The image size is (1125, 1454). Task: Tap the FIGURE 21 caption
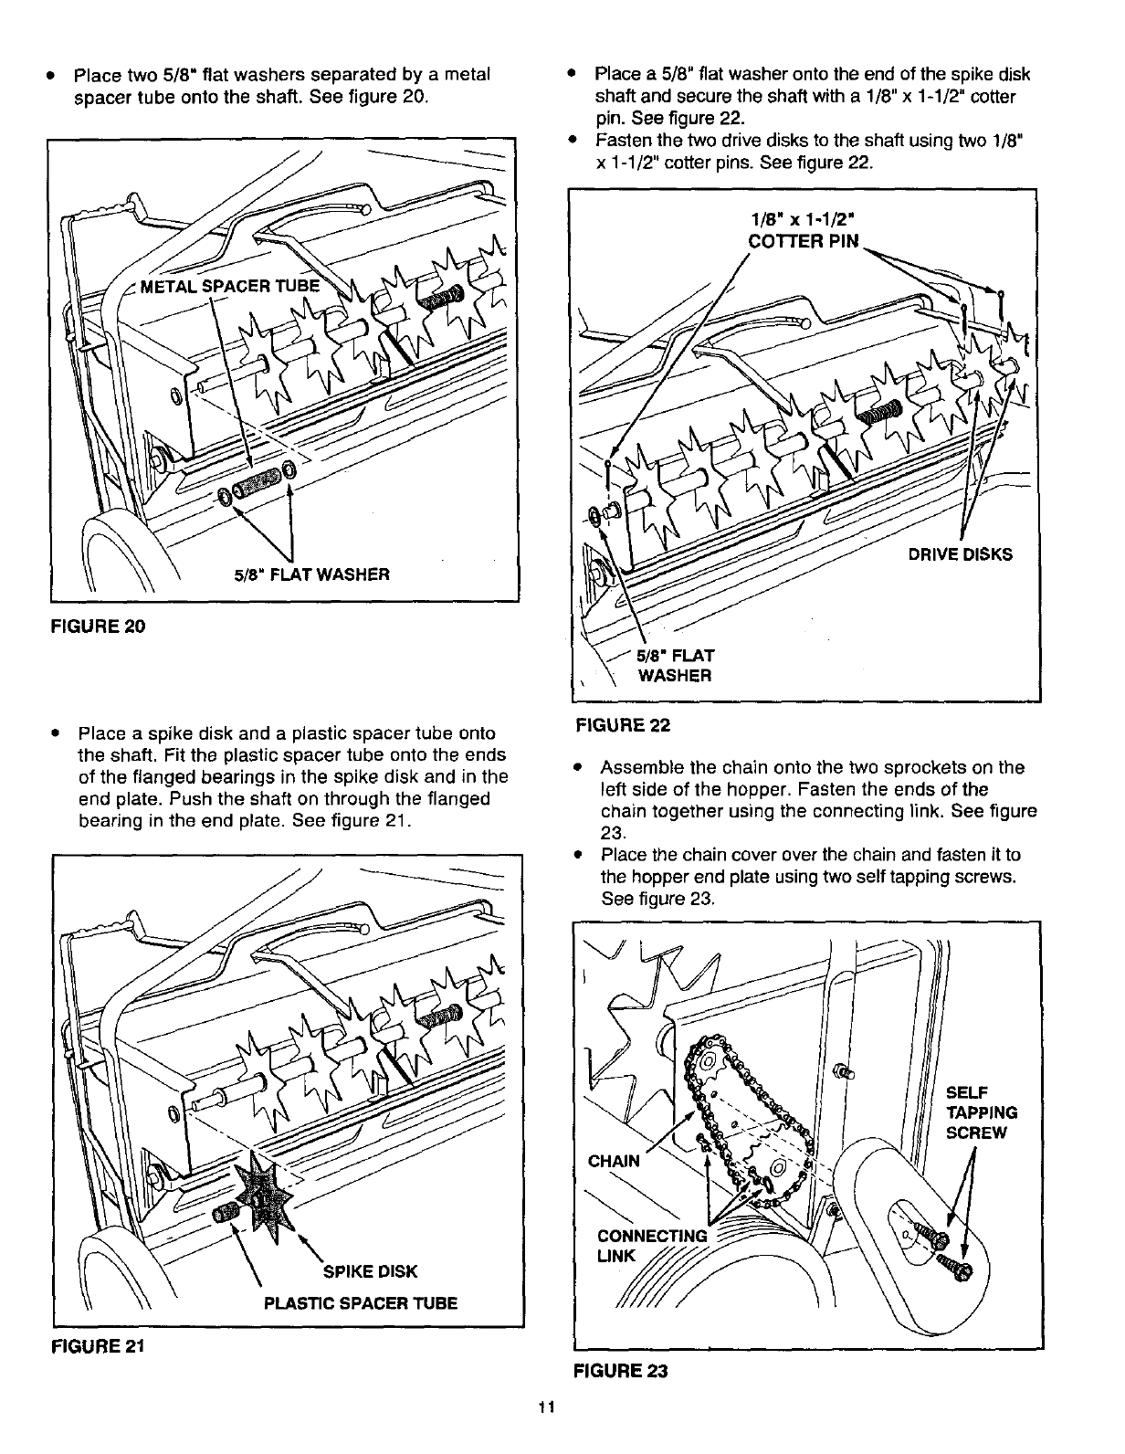(x=95, y=1345)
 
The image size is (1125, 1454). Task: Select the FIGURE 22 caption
(x=622, y=725)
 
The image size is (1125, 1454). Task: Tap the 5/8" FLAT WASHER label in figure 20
(x=310, y=574)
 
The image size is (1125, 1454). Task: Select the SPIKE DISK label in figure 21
(x=371, y=1270)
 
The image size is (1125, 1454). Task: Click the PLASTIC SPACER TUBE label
(x=360, y=1303)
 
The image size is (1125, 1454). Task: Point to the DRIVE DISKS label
(x=959, y=554)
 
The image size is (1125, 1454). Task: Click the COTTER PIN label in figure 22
(x=804, y=241)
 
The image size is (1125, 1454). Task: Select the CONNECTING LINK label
(x=651, y=1246)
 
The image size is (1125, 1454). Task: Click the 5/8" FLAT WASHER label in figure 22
(x=675, y=666)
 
